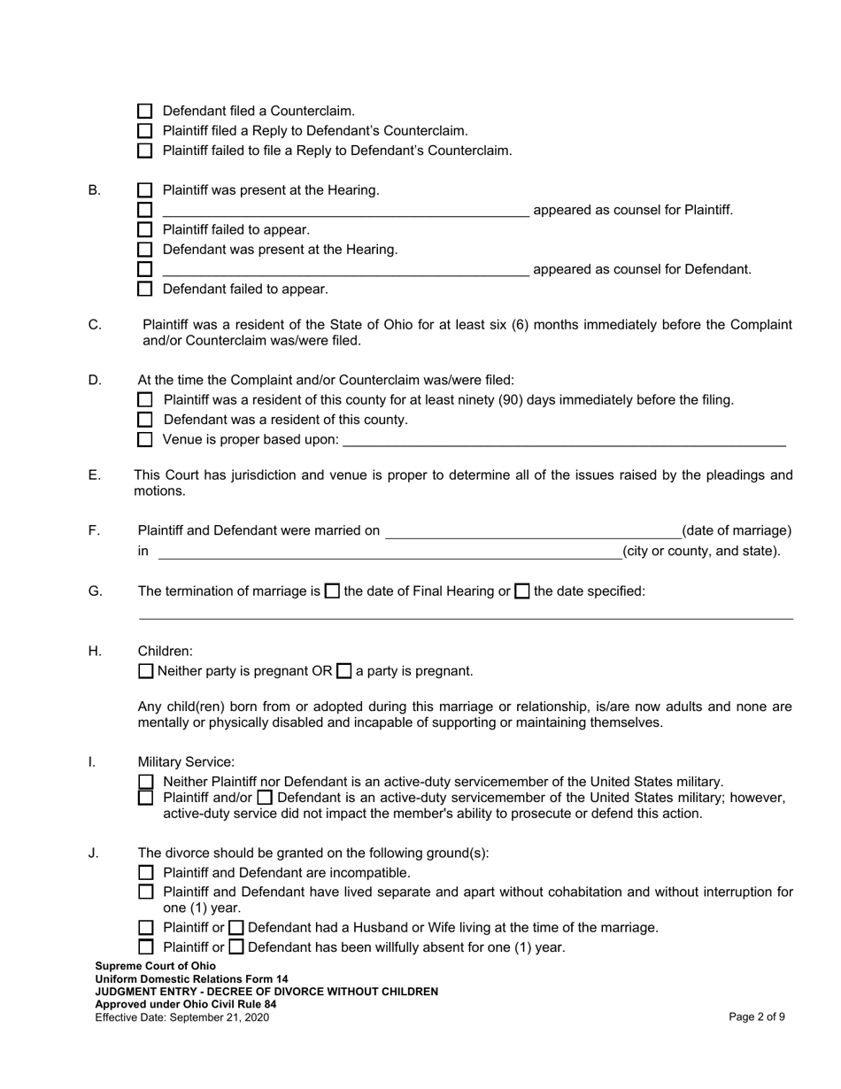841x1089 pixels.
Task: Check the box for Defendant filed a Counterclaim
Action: point(145,112)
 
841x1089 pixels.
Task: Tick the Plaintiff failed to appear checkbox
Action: point(145,230)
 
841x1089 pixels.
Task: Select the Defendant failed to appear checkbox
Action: point(145,290)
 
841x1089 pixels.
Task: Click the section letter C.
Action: point(95,325)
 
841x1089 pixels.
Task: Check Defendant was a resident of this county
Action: point(145,420)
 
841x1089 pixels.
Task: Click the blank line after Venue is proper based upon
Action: point(564,440)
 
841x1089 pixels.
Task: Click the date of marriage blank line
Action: point(533,531)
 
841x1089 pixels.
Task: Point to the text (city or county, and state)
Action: point(701,552)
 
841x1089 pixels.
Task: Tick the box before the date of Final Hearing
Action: point(332,591)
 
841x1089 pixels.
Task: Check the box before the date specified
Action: point(522,591)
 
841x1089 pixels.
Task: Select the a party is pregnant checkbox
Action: point(344,671)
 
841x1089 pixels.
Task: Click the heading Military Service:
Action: point(186,762)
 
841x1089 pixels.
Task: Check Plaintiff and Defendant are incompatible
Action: point(146,873)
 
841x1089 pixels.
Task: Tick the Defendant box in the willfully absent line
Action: point(236,947)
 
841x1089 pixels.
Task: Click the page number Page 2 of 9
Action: point(757,1017)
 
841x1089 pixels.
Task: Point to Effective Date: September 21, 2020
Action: point(181,1017)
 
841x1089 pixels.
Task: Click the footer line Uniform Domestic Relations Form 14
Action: point(191,979)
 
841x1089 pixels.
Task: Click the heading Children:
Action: point(165,652)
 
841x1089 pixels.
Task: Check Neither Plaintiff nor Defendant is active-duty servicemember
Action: point(146,782)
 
